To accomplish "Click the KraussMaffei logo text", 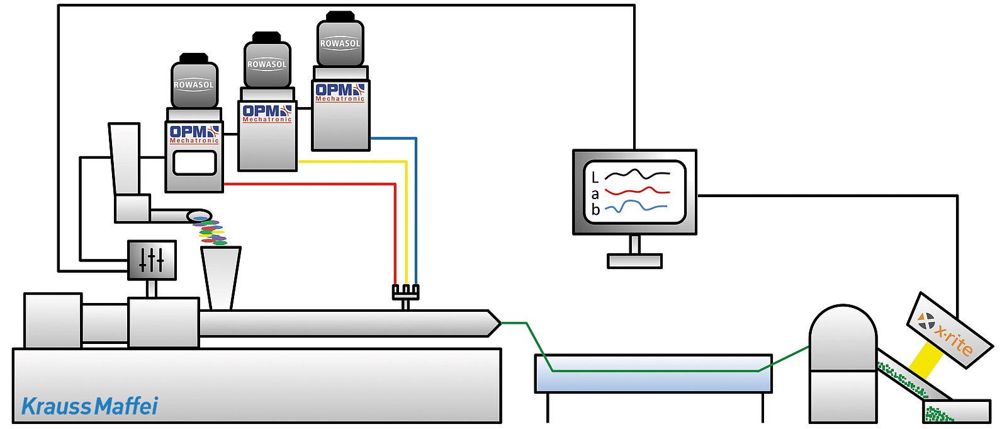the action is click(x=90, y=406).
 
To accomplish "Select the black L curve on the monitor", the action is click(x=637, y=174).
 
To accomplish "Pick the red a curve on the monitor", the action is click(x=637, y=191).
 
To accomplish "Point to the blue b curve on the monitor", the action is click(x=636, y=207).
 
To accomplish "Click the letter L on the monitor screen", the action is click(x=595, y=178).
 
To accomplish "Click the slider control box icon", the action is click(x=152, y=260).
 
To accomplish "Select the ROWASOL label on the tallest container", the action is click(x=340, y=43).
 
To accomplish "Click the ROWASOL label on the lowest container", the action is click(x=194, y=84).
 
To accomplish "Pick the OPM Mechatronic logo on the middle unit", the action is click(x=267, y=113).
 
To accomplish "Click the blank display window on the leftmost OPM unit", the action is click(x=194, y=163).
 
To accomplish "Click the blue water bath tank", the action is click(x=653, y=374).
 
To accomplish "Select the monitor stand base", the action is click(x=634, y=261).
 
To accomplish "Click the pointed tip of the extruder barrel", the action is click(x=500, y=323).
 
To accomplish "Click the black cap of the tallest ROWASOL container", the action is click(x=340, y=16).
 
